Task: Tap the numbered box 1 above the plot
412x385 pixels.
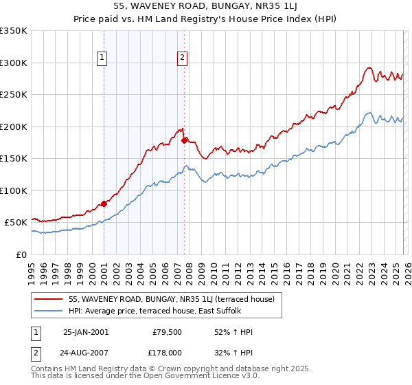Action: point(102,58)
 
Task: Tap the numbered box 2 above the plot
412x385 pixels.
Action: point(182,58)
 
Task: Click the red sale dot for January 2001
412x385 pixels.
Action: point(104,203)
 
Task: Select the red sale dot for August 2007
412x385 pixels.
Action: point(184,140)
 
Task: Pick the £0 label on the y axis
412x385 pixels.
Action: point(22,254)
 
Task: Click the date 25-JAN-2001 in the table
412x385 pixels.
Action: point(85,332)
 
